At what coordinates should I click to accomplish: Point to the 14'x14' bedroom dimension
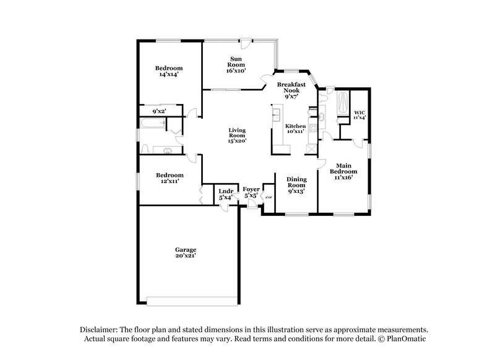(x=168, y=74)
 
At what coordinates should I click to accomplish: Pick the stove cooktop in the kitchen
(x=313, y=129)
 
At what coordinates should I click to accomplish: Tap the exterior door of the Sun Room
(x=246, y=43)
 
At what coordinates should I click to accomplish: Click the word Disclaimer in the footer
(x=101, y=330)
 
